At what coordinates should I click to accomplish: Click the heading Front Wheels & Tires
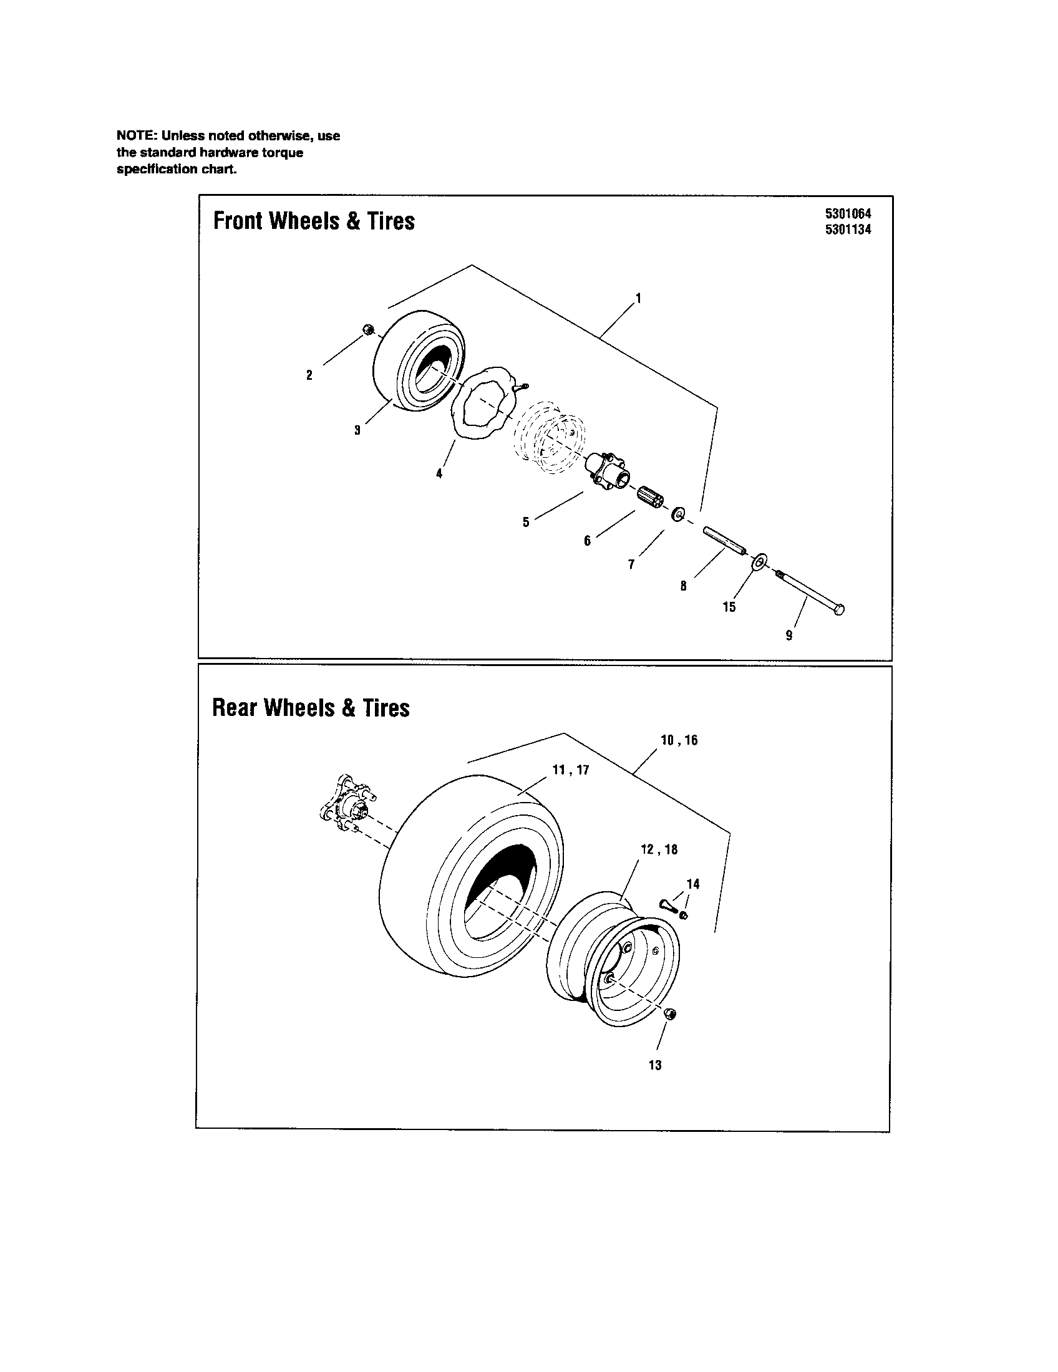[x=314, y=221]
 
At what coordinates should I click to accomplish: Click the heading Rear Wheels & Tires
[x=311, y=708]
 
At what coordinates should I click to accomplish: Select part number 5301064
[x=848, y=213]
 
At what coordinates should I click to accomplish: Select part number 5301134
[x=848, y=229]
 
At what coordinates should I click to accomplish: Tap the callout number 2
[x=309, y=375]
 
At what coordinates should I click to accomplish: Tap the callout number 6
[x=587, y=541]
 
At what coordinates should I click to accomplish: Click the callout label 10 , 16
[x=679, y=740]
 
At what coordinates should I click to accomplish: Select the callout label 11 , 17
[x=570, y=770]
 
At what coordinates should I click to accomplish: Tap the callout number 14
[x=692, y=884]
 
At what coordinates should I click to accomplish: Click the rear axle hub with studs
[x=346, y=807]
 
